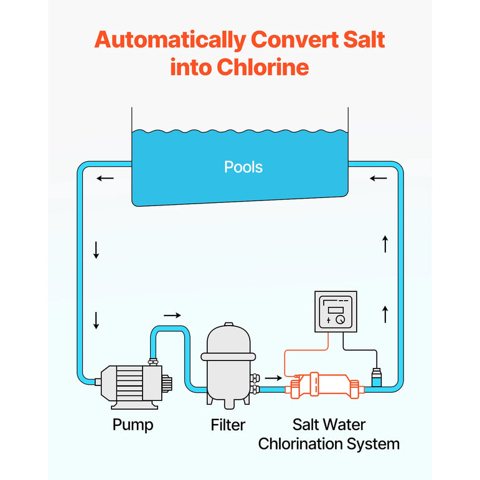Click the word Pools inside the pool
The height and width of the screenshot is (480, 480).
[x=243, y=167]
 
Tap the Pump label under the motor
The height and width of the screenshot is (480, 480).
[x=133, y=425]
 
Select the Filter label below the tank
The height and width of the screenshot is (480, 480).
[x=228, y=425]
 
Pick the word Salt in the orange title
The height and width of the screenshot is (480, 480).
[x=360, y=40]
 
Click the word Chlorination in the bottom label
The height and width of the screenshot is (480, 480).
[x=298, y=444]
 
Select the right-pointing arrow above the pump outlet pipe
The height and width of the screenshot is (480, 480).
[x=173, y=315]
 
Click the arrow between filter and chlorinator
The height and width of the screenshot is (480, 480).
[x=273, y=377]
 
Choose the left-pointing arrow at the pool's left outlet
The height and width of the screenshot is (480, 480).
[x=105, y=179]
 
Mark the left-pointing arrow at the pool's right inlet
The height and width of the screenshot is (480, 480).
[x=378, y=179]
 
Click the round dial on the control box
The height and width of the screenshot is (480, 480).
[x=341, y=319]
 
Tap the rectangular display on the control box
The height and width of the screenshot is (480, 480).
[x=336, y=308]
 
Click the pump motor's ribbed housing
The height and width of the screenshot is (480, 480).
[x=131, y=381]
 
